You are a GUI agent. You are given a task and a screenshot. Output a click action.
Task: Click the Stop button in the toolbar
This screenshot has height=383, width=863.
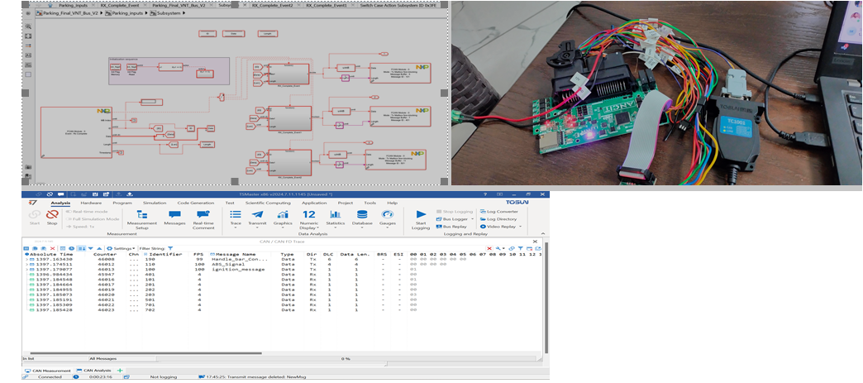point(52,216)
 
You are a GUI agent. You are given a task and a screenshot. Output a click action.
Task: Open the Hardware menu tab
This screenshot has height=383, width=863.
point(91,203)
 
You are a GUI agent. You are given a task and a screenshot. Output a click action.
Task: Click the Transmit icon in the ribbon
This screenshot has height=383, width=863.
point(257,218)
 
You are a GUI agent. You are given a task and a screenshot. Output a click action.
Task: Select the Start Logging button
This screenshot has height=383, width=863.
point(421,218)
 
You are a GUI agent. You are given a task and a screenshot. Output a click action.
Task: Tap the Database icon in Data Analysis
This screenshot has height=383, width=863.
point(361,218)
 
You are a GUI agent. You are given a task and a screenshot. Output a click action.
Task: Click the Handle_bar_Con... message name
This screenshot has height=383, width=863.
point(238,259)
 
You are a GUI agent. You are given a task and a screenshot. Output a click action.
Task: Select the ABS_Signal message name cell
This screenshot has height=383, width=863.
point(229,264)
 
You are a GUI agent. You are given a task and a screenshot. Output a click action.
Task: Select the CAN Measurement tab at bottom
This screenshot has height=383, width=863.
point(49,371)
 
